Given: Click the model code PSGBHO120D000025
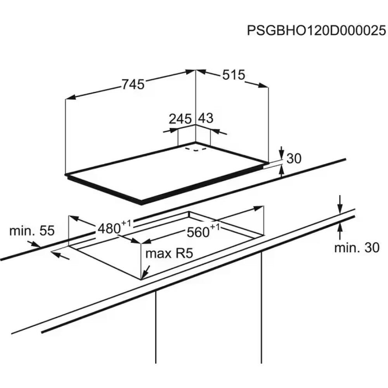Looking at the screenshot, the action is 317,31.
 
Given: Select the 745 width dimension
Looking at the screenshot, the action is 133,84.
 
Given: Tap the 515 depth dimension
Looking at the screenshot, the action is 233,75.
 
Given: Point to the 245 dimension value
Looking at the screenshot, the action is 180,119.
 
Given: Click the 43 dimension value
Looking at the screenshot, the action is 206,118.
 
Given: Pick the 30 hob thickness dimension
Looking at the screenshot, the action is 294,158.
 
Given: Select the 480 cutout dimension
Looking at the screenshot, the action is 109,229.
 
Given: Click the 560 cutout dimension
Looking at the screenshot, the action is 198,232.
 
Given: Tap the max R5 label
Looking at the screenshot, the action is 169,254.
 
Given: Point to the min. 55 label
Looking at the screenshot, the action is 32,231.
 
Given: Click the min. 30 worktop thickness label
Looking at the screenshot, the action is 357,248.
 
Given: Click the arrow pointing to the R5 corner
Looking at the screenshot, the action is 146,272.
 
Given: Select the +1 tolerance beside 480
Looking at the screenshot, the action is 126,223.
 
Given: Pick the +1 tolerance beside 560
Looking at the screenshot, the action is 215,227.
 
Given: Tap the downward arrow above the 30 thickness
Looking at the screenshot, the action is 282,152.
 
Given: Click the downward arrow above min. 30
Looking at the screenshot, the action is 340,204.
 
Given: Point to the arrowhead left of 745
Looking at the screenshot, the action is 71,97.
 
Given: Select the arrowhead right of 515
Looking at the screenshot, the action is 263,85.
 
